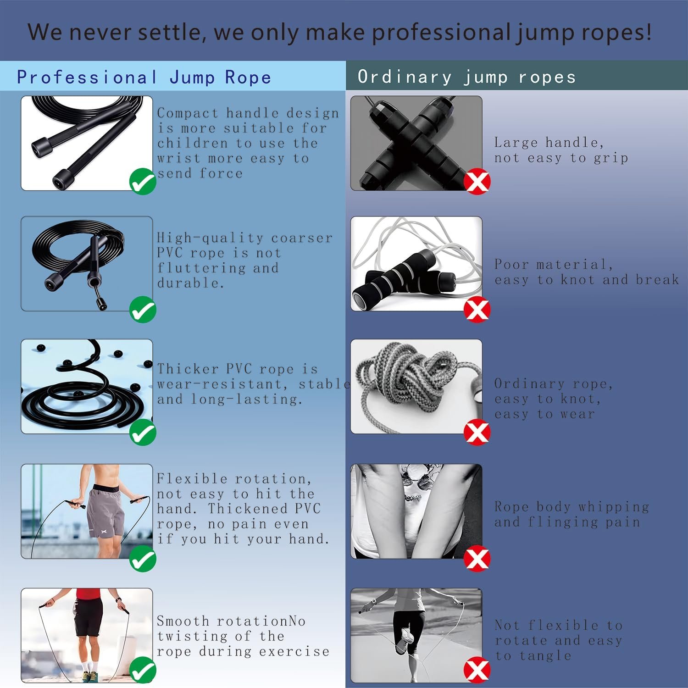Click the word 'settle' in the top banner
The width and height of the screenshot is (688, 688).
point(170,32)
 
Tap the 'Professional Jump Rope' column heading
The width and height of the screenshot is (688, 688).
point(144,77)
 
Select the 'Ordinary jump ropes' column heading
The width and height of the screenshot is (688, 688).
point(466,77)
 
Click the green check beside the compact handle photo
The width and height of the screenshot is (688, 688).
point(143,182)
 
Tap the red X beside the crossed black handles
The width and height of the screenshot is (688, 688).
point(477,182)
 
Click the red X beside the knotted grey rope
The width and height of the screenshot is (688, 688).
point(477,433)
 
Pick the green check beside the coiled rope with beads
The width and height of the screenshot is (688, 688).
point(143,433)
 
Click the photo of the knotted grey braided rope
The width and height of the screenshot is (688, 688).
point(416,387)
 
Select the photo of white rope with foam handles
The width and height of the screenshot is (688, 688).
point(416,264)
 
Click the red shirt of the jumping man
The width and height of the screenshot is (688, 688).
point(89,594)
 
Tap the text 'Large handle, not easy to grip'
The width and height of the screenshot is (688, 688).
point(561,150)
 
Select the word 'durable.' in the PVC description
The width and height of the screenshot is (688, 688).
point(190,283)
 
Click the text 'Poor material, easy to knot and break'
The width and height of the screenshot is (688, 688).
point(587,272)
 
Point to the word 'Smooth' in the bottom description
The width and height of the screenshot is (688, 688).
point(183,621)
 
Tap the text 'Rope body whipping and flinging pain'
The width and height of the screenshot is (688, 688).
point(571,514)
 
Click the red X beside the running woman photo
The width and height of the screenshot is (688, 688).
point(477,671)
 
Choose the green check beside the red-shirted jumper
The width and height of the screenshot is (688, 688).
point(143,671)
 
